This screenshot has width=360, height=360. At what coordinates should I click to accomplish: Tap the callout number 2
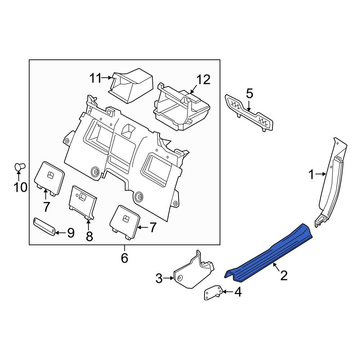click(284, 275)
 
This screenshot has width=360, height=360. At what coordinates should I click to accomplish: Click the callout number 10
click(21, 187)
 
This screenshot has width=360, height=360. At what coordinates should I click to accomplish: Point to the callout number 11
click(95, 78)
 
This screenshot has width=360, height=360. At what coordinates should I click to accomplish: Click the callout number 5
click(249, 94)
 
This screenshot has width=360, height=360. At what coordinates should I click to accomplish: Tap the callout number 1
click(311, 175)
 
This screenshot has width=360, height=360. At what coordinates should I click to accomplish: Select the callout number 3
click(159, 279)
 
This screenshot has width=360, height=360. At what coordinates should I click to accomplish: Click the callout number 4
click(238, 292)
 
